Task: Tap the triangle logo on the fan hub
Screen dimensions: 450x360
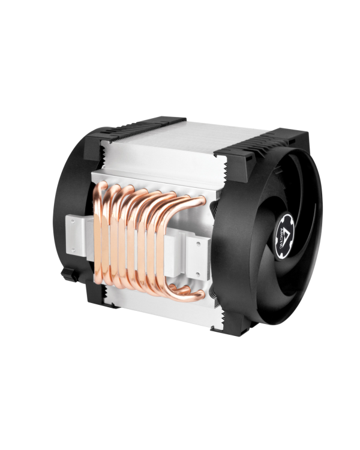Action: click(x=287, y=223)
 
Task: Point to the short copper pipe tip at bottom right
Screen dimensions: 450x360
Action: click(x=195, y=293)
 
